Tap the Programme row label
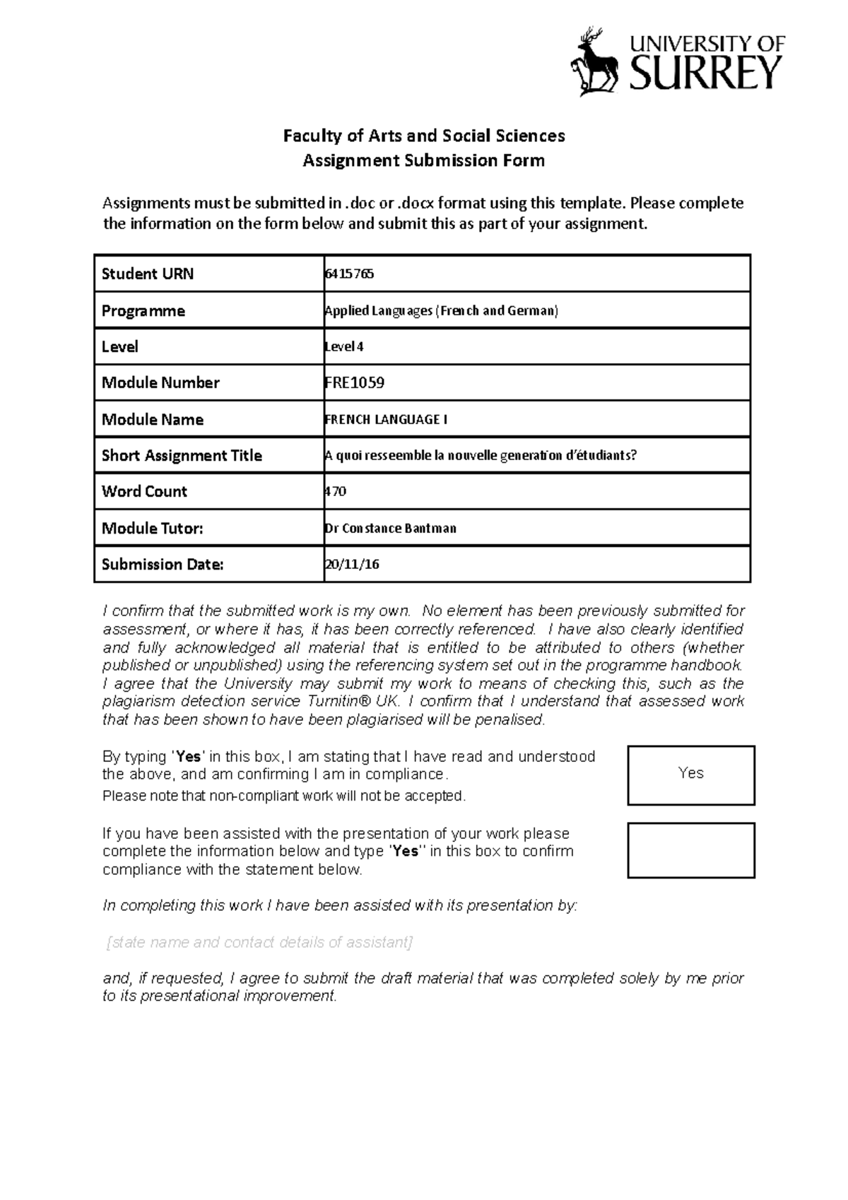click(143, 311)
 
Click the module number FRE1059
click(354, 383)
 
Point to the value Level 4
click(344, 347)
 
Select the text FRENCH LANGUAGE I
click(386, 420)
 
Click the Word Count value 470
click(336, 492)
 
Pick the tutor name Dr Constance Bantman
click(390, 529)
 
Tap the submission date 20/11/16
click(352, 565)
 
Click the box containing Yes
click(690, 775)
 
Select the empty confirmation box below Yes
click(690, 850)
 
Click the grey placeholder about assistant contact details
click(259, 942)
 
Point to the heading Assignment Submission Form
click(423, 160)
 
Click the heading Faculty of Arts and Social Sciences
click(423, 135)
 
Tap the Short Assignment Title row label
click(182, 456)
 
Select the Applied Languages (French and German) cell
click(441, 311)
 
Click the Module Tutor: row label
click(152, 529)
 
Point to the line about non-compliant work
click(284, 796)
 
